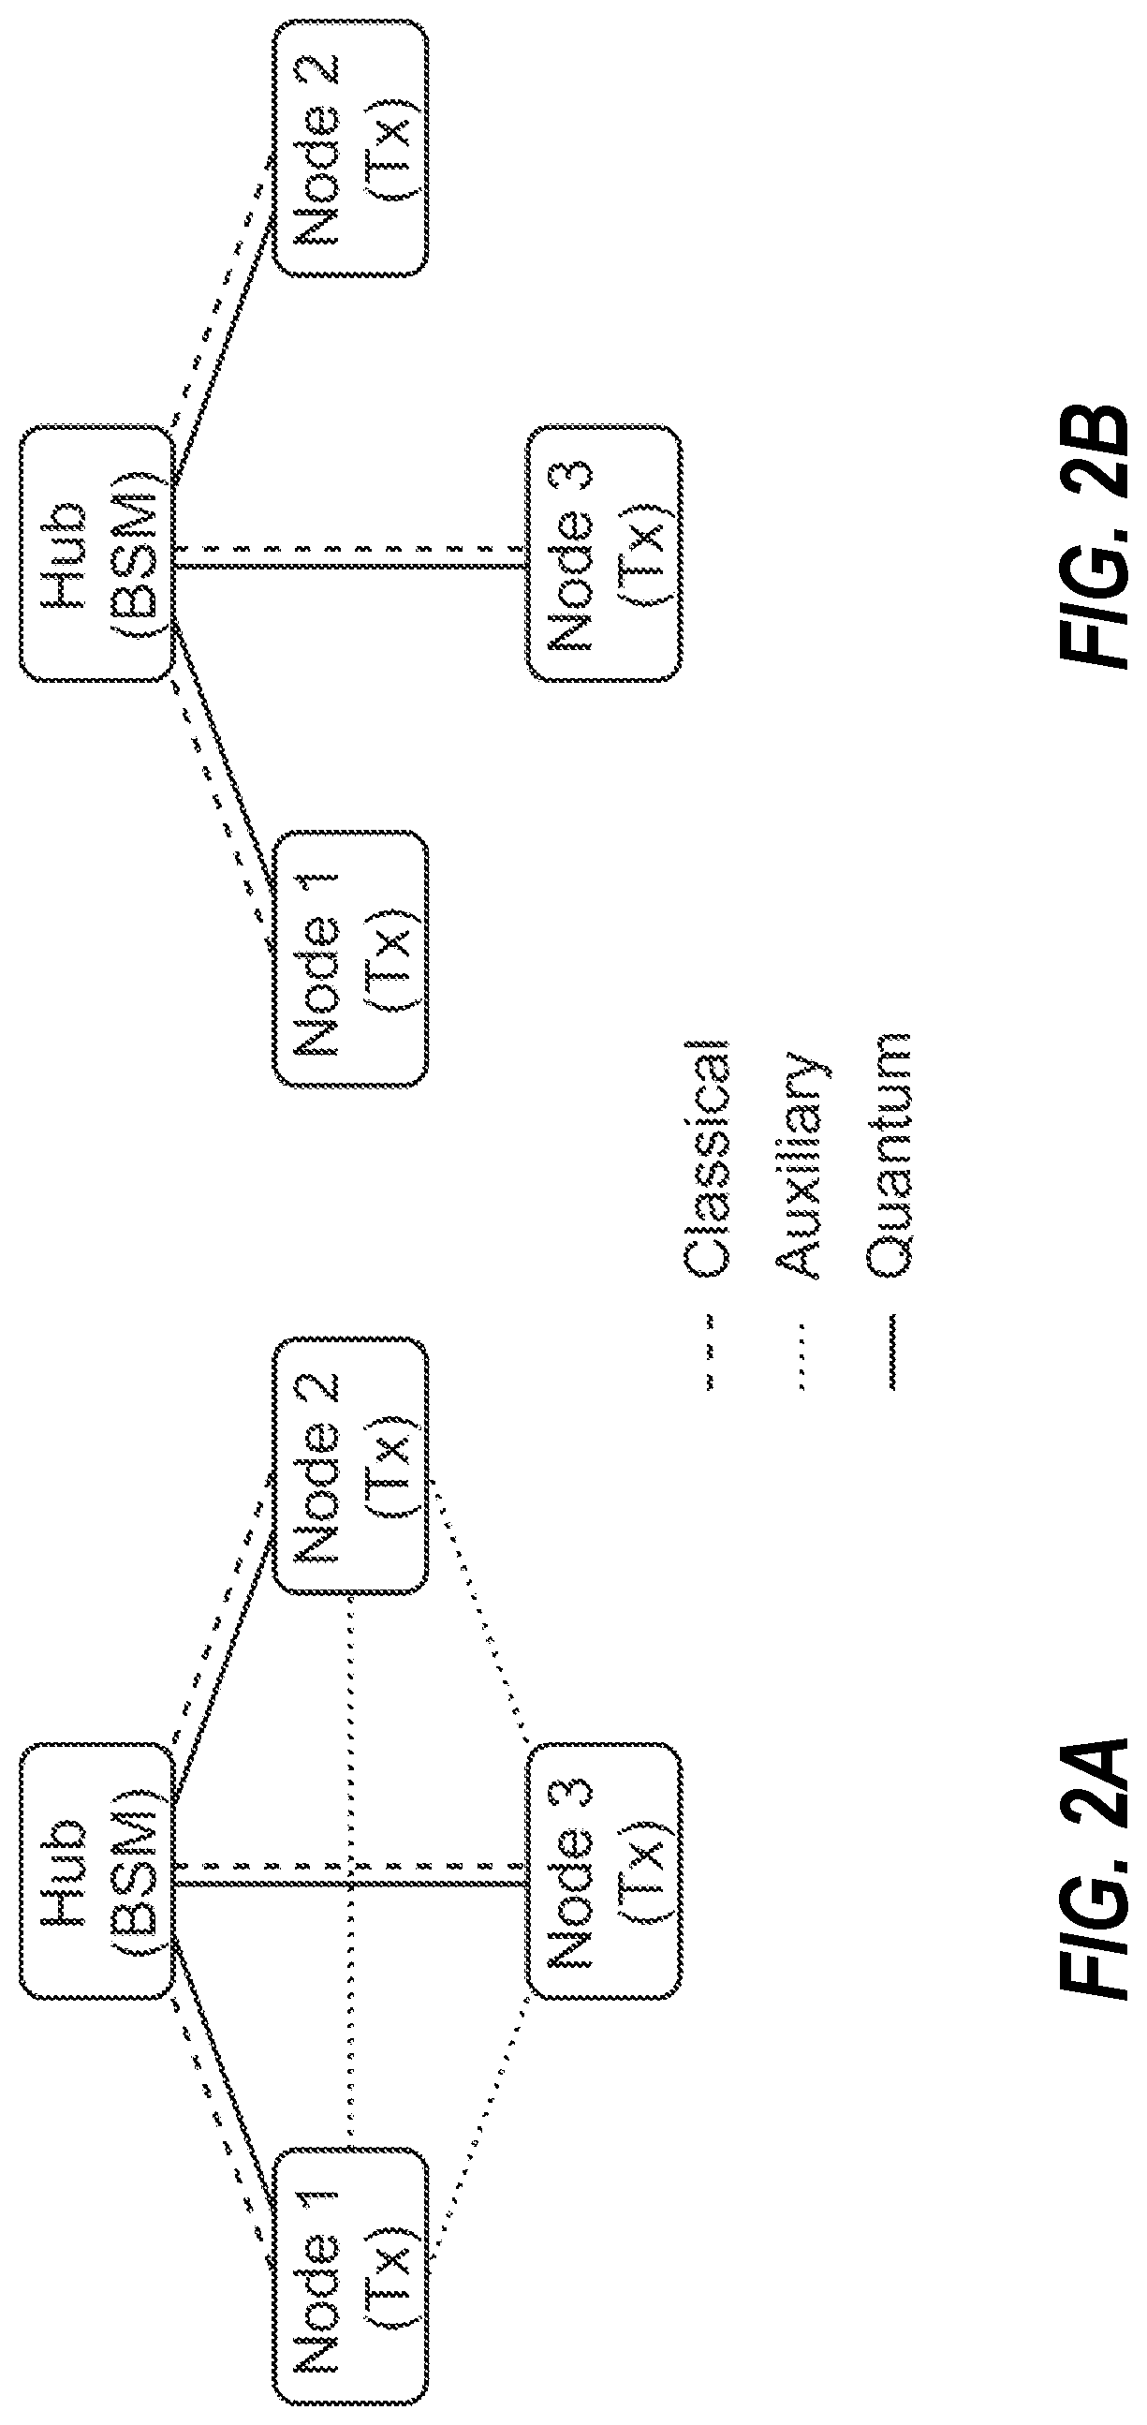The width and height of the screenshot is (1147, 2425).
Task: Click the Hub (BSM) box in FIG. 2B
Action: click(x=96, y=554)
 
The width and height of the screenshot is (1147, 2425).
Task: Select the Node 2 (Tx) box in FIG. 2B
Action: click(x=351, y=148)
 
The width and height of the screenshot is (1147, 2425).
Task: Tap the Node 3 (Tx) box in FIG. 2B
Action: click(x=604, y=554)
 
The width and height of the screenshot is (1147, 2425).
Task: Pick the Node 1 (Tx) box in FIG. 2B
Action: click(x=351, y=959)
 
